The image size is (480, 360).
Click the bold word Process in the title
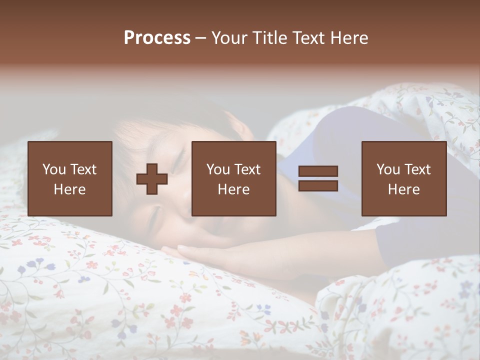click(157, 38)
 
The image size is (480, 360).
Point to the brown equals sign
click(318, 178)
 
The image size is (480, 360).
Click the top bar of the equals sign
click(318, 171)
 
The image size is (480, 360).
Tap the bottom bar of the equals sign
click(318, 185)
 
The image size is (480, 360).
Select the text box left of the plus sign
click(70, 178)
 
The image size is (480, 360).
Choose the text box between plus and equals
click(233, 178)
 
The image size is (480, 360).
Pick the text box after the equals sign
click(404, 178)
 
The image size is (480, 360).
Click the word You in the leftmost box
click(54, 169)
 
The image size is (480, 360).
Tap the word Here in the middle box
click(233, 189)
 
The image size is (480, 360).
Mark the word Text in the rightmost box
click(417, 169)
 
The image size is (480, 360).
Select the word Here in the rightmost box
click(404, 189)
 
